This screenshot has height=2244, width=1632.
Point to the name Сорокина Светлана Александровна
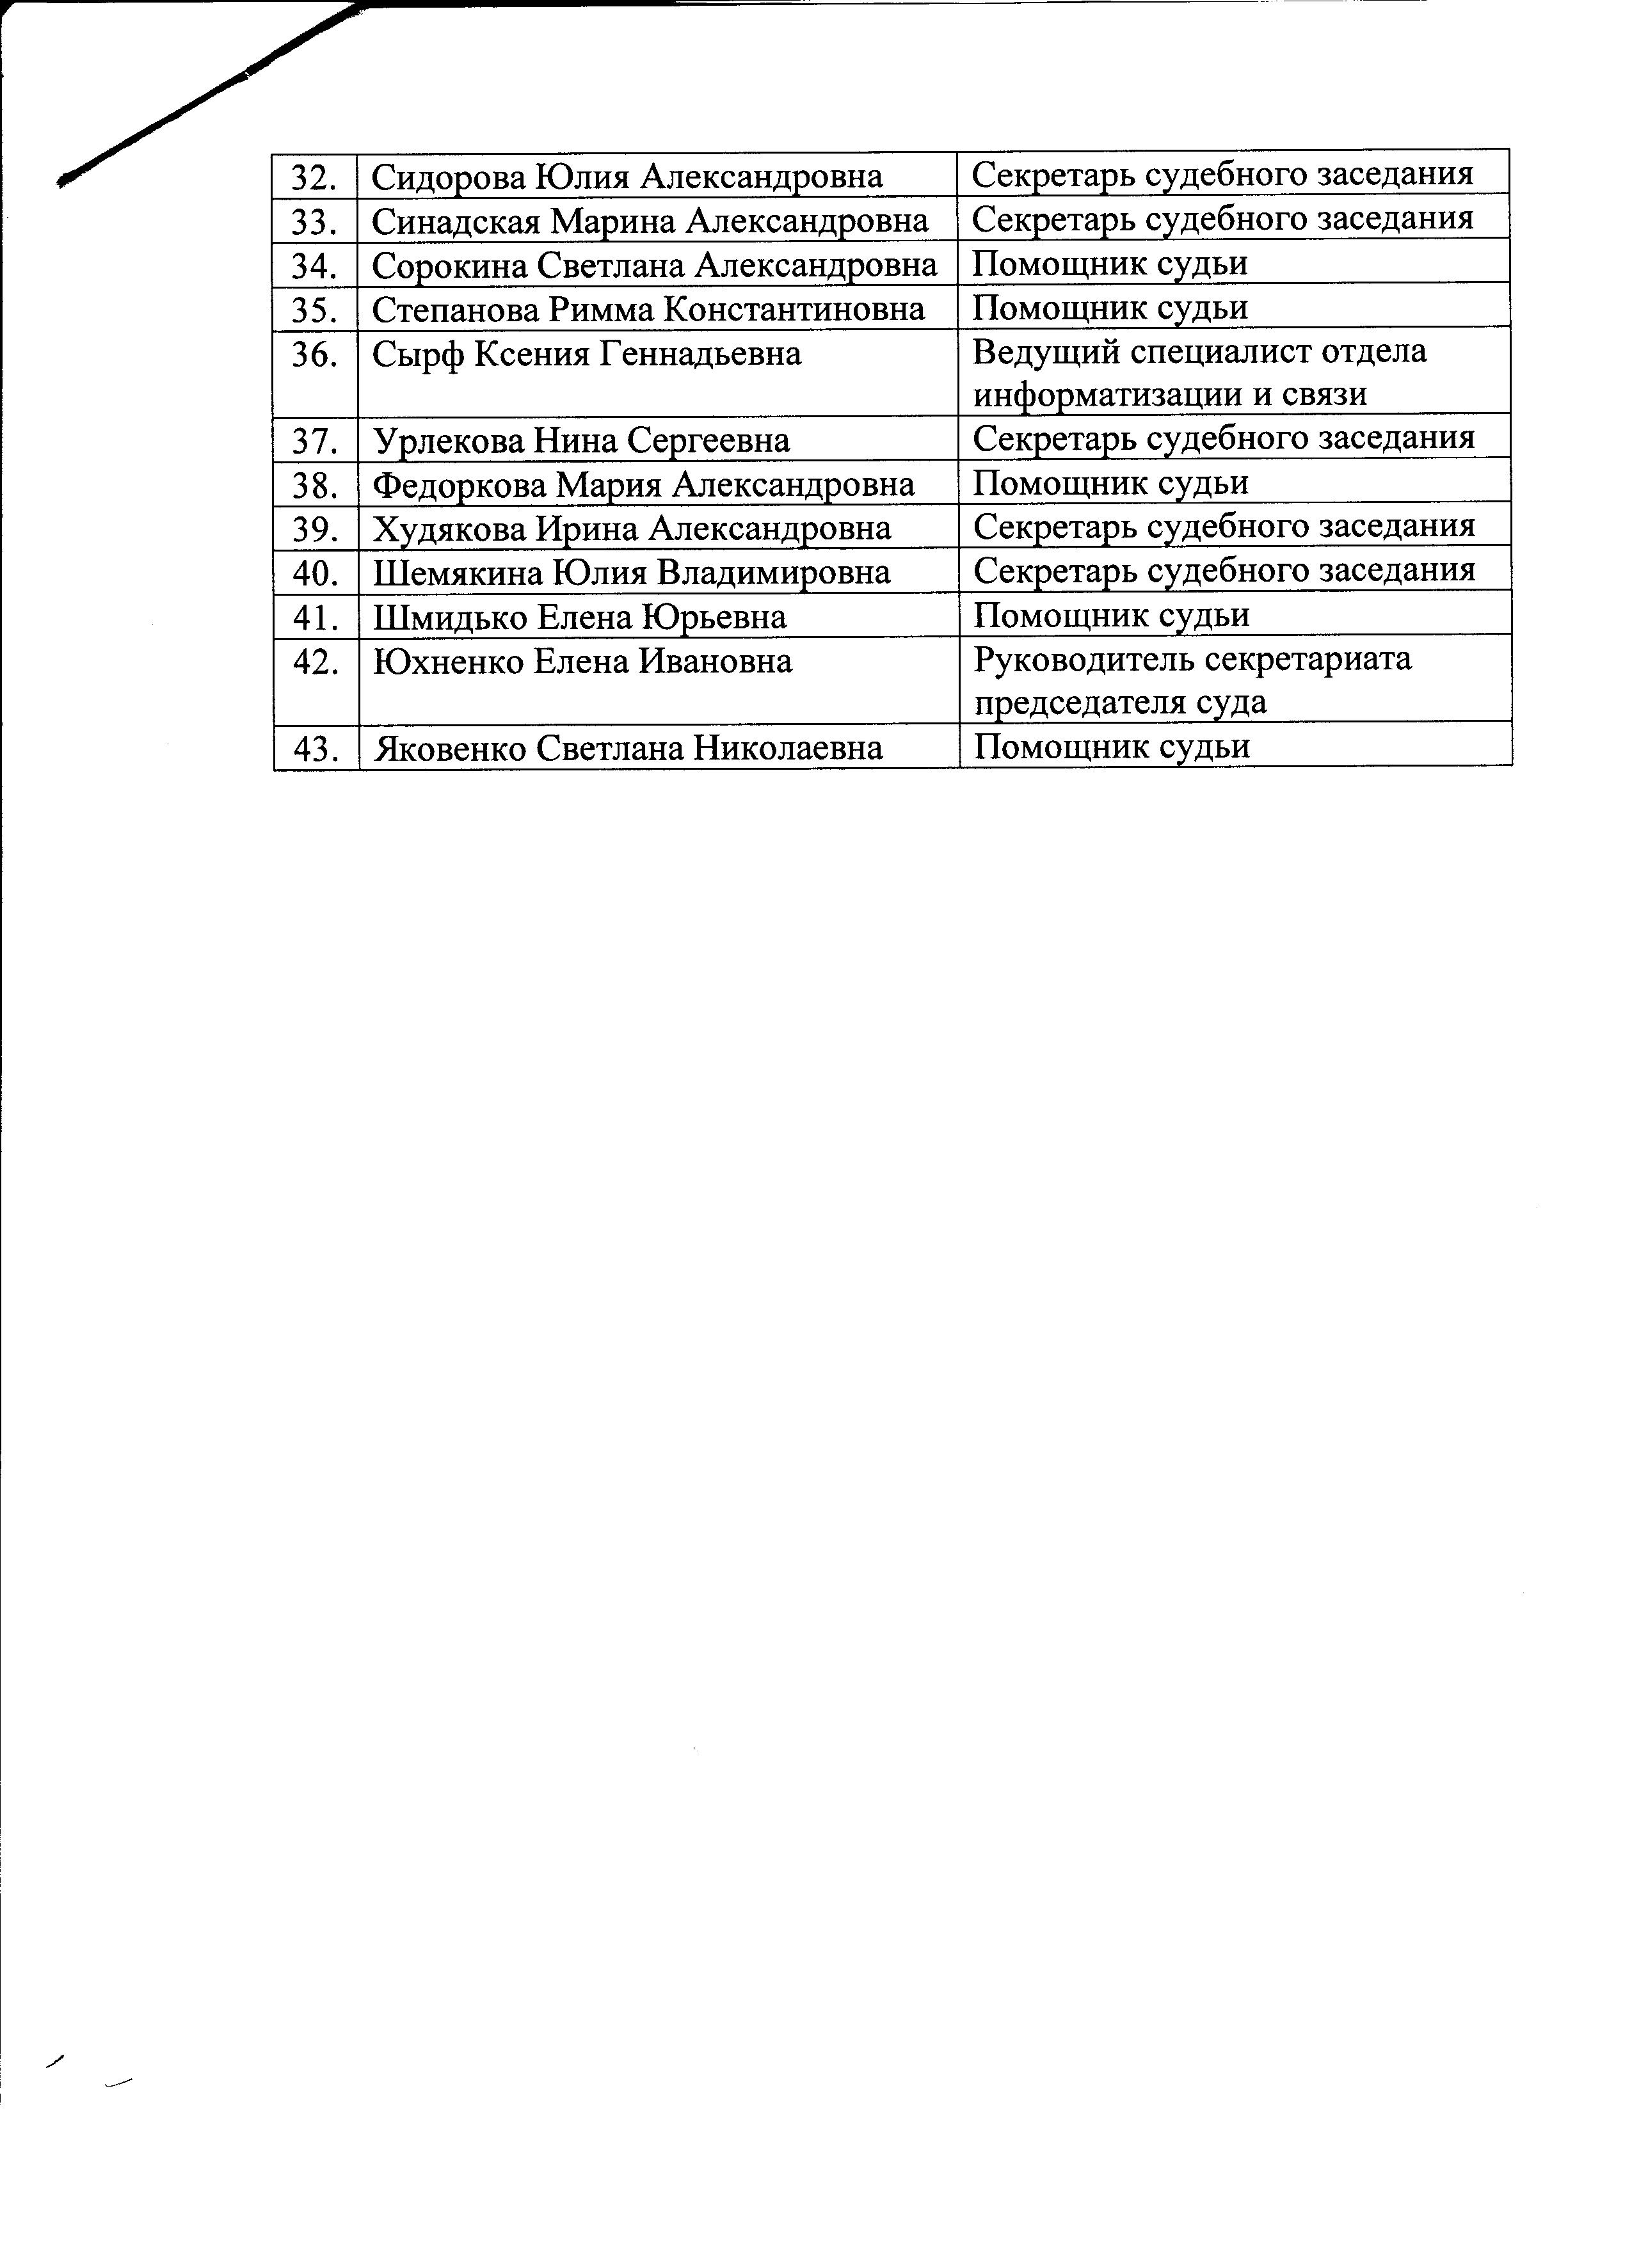point(654,265)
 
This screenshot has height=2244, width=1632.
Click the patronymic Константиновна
point(794,310)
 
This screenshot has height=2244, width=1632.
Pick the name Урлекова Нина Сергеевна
point(581,440)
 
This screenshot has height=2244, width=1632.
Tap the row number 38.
point(316,485)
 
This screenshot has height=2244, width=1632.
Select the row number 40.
point(316,573)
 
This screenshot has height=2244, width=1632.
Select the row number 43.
point(316,748)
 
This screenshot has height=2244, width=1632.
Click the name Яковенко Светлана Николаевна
point(627,748)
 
